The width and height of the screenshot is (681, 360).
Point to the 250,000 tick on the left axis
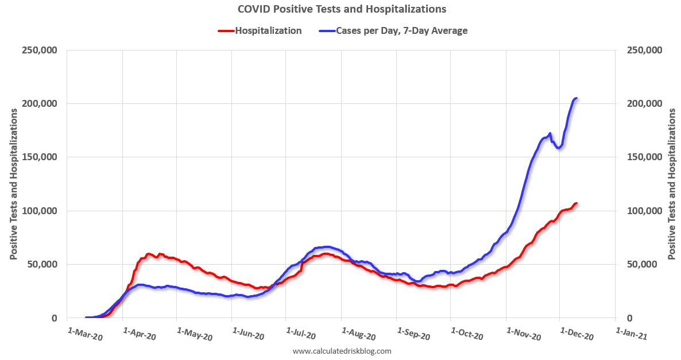point(40,51)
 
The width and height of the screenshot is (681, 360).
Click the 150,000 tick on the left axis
point(40,157)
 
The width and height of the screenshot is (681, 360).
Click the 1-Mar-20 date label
point(85,335)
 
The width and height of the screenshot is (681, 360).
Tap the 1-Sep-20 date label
point(413,335)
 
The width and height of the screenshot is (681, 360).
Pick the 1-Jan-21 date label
point(631,335)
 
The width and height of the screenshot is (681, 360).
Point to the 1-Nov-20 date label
point(523,335)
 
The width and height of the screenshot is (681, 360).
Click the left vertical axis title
point(13,184)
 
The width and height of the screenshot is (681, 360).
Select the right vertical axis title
point(672,184)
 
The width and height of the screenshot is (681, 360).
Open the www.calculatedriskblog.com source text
point(342,351)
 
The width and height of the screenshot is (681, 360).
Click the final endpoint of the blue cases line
point(576,98)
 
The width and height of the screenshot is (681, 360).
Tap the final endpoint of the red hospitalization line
point(576,203)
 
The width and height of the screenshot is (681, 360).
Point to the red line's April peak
point(149,254)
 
